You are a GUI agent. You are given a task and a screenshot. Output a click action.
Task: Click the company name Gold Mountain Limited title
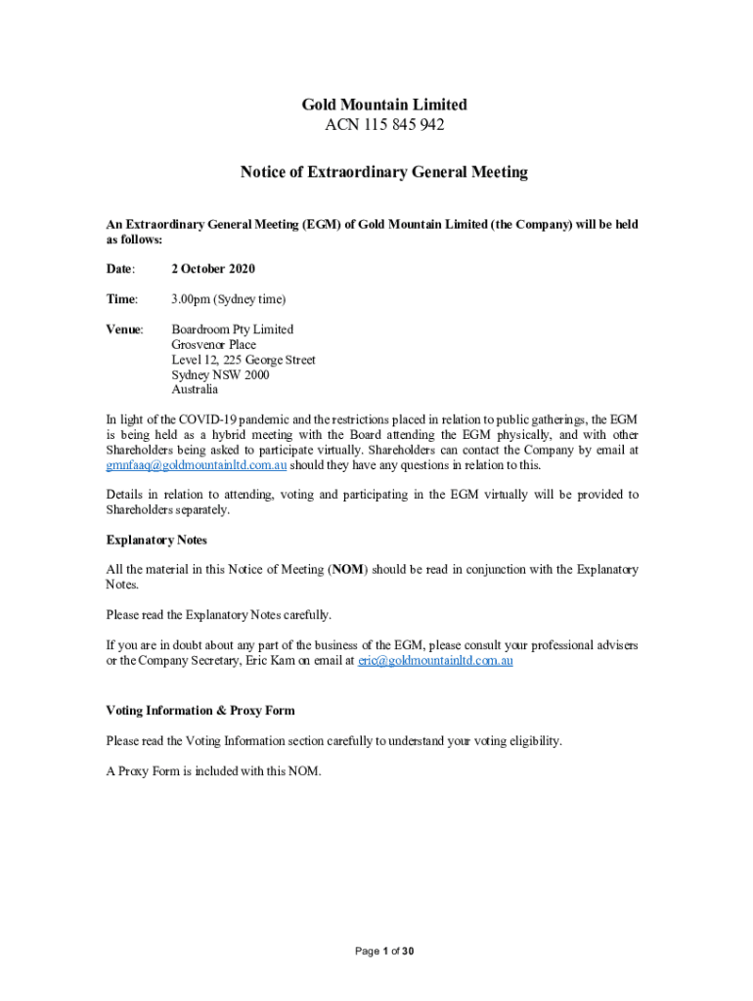[383, 105]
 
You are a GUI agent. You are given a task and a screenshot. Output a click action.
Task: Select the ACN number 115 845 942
[383, 125]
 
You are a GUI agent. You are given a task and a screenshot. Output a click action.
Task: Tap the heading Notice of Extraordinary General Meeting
[383, 172]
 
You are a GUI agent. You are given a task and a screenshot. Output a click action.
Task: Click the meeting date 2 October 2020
[213, 269]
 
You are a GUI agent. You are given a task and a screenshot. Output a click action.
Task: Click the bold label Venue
[123, 329]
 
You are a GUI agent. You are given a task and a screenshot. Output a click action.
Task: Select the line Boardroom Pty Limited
[232, 329]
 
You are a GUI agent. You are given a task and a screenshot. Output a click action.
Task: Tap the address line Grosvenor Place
[213, 345]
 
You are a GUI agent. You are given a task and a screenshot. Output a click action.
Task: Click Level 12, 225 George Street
[243, 360]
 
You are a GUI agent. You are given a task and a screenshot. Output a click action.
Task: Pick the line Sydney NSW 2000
[220, 374]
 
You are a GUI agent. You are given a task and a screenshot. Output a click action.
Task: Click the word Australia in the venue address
[195, 389]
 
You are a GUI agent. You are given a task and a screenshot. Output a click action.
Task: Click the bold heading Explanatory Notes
[155, 540]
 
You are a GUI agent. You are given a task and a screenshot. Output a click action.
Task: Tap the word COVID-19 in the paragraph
[203, 419]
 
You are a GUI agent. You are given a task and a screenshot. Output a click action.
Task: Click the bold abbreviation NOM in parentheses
[348, 569]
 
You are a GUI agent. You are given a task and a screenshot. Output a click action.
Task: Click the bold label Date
[119, 269]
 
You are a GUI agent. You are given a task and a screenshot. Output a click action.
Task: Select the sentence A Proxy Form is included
[213, 771]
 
